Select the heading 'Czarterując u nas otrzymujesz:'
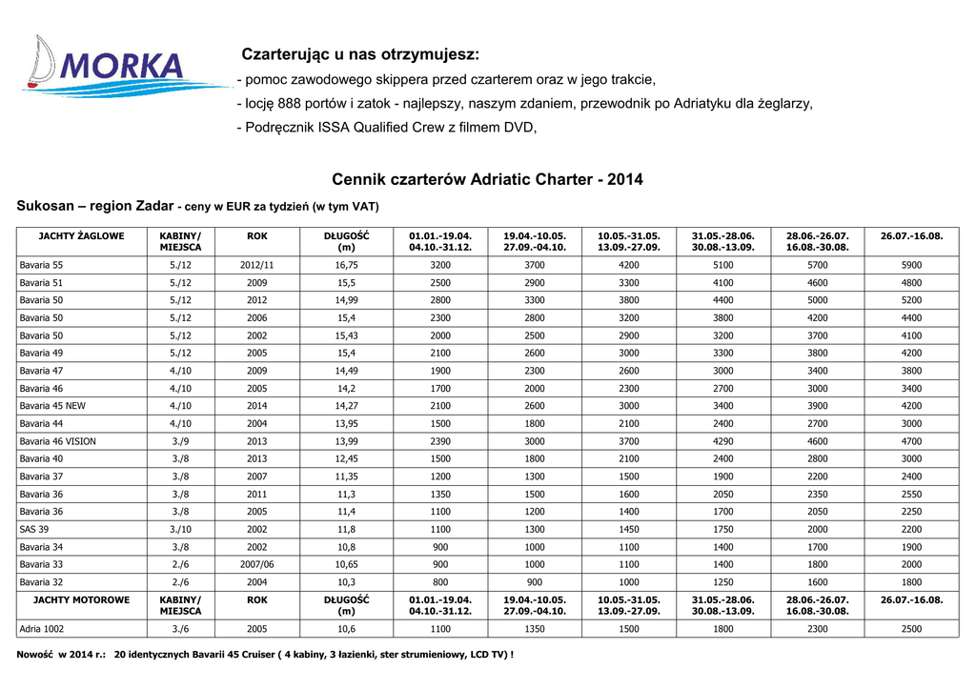tap(360, 53)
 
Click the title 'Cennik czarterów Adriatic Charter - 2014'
tap(487, 179)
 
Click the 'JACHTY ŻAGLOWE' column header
tap(81, 235)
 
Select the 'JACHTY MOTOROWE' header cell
tap(81, 599)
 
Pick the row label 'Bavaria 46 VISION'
tap(57, 441)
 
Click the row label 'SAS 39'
tap(34, 529)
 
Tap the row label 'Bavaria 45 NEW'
tap(52, 406)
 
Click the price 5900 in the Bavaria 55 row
tap(911, 265)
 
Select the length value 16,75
tap(346, 265)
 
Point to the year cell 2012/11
tap(257, 265)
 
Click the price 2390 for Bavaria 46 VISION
tap(440, 441)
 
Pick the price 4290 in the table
tap(723, 441)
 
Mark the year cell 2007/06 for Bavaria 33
tap(257, 564)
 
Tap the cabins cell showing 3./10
tap(180, 529)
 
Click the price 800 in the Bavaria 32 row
tap(440, 581)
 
